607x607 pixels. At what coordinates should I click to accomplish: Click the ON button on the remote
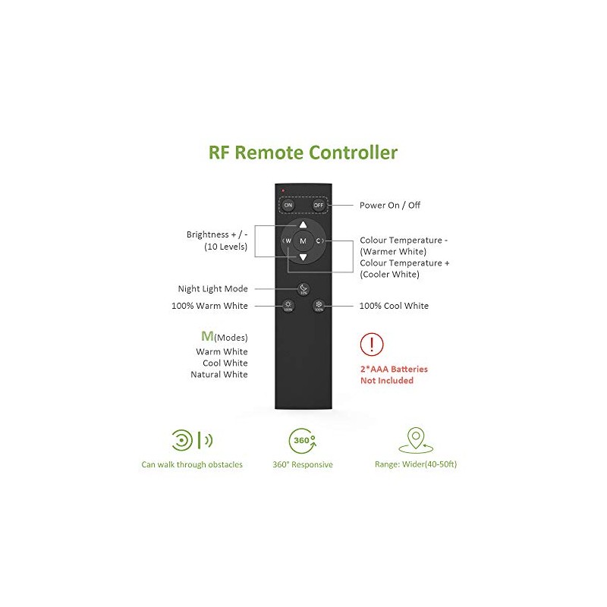pos(288,205)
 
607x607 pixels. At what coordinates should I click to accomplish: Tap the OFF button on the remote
pos(319,205)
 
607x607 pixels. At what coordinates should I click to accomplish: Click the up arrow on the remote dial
pos(303,225)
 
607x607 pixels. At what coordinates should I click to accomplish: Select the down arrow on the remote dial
pos(303,258)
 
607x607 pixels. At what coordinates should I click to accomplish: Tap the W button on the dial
pos(288,241)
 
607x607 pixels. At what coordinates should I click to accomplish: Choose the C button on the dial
pos(319,241)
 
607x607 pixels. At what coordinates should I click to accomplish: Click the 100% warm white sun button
pos(288,306)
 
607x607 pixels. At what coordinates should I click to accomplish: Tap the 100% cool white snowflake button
pos(319,306)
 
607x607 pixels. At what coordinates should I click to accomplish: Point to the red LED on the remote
pos(282,190)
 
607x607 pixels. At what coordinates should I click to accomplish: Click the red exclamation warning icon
pos(371,344)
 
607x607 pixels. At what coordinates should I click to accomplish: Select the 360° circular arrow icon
pos(301,441)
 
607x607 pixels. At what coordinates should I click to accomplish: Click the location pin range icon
pos(414,440)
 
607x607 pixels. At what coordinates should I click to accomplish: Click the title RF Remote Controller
pos(303,153)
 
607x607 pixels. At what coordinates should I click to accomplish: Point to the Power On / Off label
pos(390,205)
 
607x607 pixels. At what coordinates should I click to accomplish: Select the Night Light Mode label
pos(212,288)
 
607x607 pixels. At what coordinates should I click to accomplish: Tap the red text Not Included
pos(387,380)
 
